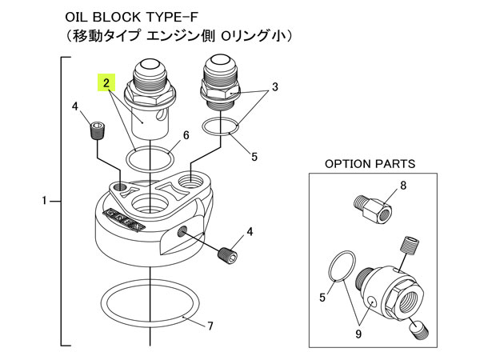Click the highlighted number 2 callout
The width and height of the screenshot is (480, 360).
pyautogui.click(x=104, y=82)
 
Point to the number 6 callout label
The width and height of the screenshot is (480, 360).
pyautogui.click(x=185, y=136)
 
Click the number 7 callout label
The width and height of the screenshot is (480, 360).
pyautogui.click(x=210, y=326)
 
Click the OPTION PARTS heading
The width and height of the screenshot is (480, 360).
pyautogui.click(x=370, y=163)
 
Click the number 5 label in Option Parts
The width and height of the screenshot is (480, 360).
pyautogui.click(x=322, y=297)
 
